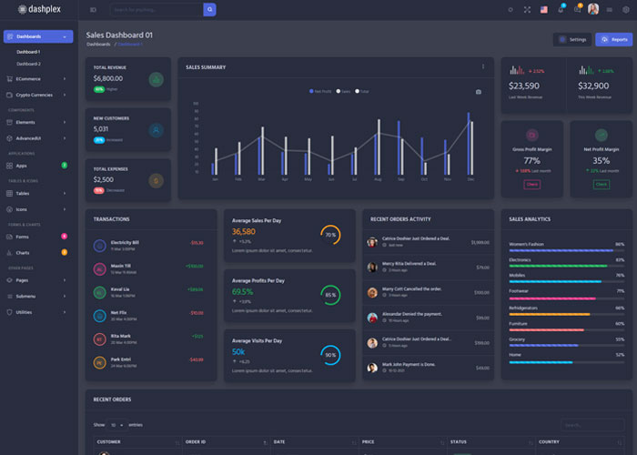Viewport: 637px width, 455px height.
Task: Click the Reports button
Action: pyautogui.click(x=613, y=39)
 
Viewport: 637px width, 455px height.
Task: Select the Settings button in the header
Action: pyautogui.click(x=572, y=39)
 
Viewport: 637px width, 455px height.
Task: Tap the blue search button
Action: pyautogui.click(x=209, y=9)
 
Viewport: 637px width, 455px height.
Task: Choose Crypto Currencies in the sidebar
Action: pyautogui.click(x=35, y=95)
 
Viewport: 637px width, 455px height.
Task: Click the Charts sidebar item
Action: pyautogui.click(x=23, y=252)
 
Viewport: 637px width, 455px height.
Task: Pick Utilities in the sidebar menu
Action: pyautogui.click(x=25, y=311)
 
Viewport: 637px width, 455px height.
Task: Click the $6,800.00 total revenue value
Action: pyautogui.click(x=107, y=78)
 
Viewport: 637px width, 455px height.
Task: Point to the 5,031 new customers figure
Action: pyautogui.click(x=101, y=128)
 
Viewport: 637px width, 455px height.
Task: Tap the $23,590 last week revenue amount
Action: pyautogui.click(x=524, y=86)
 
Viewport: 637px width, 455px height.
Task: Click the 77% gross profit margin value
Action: pyautogui.click(x=531, y=160)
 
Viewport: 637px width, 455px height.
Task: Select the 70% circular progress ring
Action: pyautogui.click(x=330, y=235)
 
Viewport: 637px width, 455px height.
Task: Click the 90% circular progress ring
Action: pyautogui.click(x=330, y=355)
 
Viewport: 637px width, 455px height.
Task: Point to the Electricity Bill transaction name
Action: pyautogui.click(x=125, y=242)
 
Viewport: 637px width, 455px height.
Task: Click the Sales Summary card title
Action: pyautogui.click(x=206, y=67)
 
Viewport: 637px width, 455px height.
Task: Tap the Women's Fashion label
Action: pyautogui.click(x=528, y=244)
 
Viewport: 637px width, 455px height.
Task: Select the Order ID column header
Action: pyautogui.click(x=197, y=441)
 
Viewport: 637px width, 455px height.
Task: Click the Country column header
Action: pyautogui.click(x=549, y=441)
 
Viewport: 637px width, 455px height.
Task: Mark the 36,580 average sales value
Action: pyautogui.click(x=243, y=231)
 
